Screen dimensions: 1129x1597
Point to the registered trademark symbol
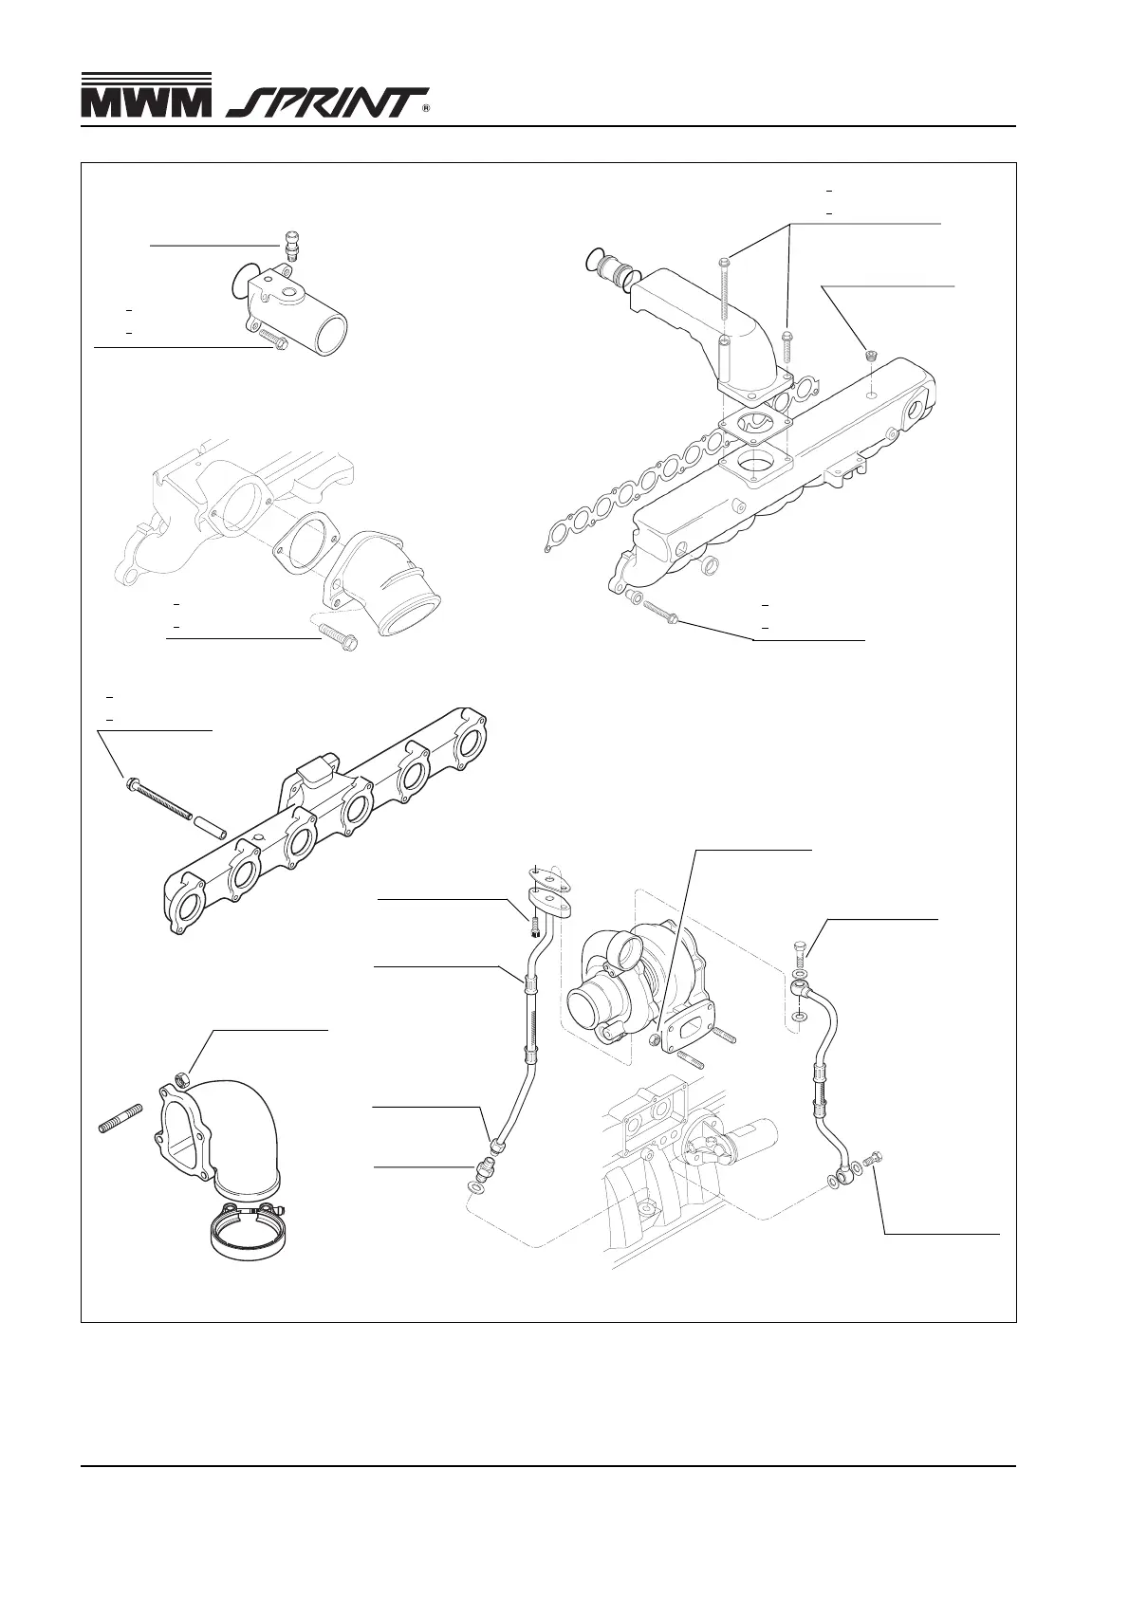(426, 110)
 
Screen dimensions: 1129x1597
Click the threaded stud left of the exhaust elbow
(120, 1118)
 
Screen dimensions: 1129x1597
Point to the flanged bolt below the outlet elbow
(339, 636)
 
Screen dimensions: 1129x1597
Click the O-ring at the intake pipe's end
(595, 258)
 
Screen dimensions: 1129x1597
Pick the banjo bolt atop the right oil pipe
(800, 951)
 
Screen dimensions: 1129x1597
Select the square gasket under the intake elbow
(755, 429)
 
